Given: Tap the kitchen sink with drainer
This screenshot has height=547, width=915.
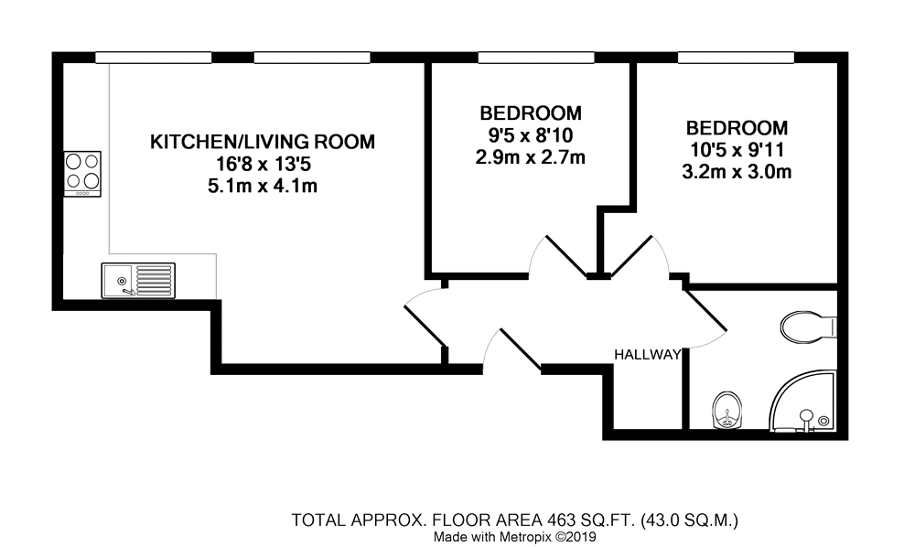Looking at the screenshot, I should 138,280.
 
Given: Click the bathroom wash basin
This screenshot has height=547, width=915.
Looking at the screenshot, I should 727,411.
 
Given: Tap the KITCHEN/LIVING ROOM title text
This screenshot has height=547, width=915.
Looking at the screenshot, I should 263,142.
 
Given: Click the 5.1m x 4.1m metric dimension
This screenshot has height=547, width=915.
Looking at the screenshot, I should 263,188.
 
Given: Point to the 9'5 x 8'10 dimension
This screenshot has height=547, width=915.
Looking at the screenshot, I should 531,136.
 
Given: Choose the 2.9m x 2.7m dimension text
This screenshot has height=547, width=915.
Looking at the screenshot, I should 531,158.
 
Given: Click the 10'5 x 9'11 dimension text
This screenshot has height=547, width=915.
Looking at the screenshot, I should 737,150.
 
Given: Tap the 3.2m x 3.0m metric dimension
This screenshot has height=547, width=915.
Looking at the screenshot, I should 737,172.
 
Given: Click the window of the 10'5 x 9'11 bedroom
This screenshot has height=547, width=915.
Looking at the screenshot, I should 736,58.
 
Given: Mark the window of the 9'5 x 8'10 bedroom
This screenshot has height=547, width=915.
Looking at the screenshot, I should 533,58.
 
